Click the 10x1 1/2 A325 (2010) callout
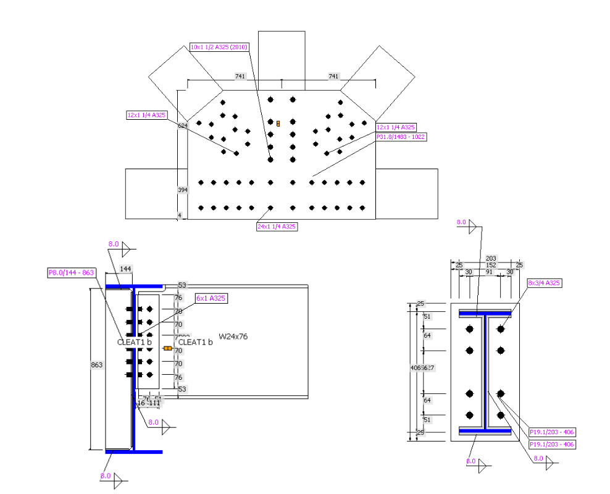(219, 47)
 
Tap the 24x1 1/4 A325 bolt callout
(277, 227)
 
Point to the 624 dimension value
(183, 126)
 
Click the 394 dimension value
(183, 190)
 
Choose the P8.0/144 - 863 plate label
(72, 272)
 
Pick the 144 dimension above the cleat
(126, 269)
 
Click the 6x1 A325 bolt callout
(211, 298)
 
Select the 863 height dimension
(97, 365)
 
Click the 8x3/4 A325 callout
(544, 283)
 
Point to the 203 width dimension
(491, 259)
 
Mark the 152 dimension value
(491, 265)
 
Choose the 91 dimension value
(489, 272)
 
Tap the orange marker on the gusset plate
(278, 124)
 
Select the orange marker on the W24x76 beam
(167, 348)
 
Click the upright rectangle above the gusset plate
(282, 56)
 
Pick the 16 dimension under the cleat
(141, 403)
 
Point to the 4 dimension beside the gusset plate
(180, 216)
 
